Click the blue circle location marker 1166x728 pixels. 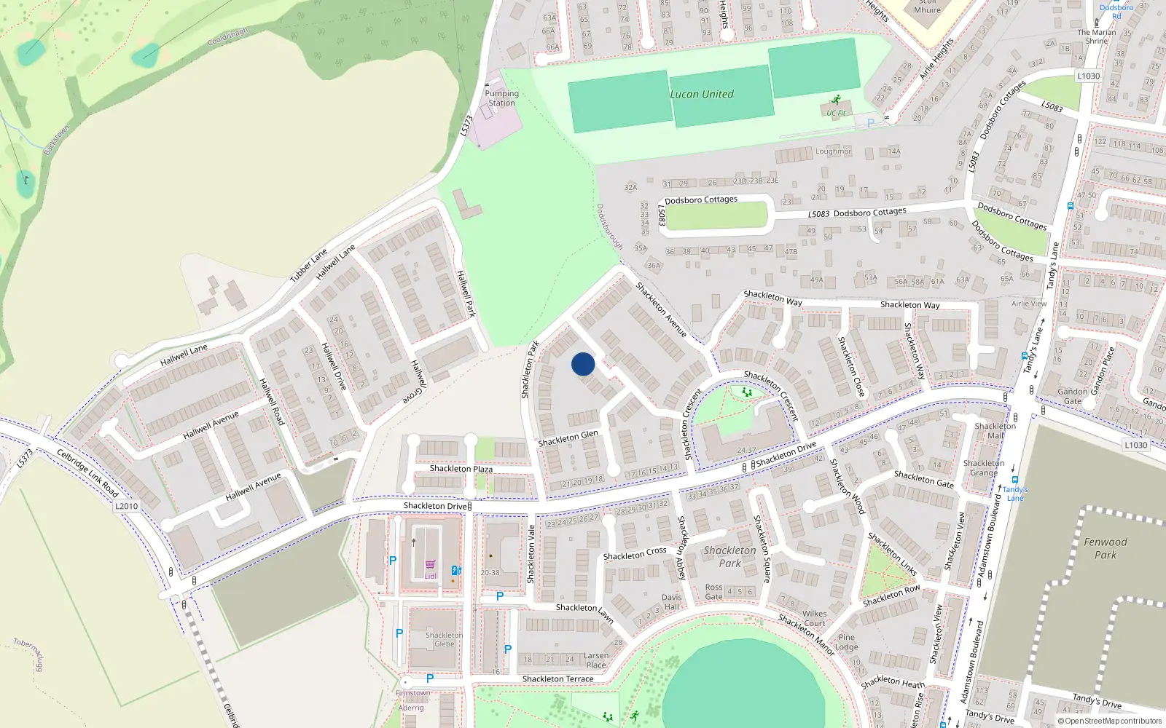coord(583,364)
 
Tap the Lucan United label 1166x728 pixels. coord(702,95)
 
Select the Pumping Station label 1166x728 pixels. coord(502,98)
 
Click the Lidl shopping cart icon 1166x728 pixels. coord(431,565)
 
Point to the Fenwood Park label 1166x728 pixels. coord(1105,548)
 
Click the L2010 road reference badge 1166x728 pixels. coord(126,506)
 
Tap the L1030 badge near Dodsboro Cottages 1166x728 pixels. coord(1088,76)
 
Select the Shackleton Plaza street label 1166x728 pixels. coord(461,469)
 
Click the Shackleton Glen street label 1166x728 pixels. coord(568,438)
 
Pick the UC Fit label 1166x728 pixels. coord(836,113)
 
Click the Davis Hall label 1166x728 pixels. coord(672,602)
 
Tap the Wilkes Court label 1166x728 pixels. coord(815,618)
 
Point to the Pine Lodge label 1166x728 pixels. coord(846,642)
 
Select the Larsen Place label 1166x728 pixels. coord(595,660)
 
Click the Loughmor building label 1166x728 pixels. coord(833,151)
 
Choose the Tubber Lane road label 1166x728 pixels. coord(309,266)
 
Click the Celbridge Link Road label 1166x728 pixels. coord(87,473)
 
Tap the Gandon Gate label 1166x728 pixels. coord(1072,396)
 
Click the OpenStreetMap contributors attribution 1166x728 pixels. coord(1109,721)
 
